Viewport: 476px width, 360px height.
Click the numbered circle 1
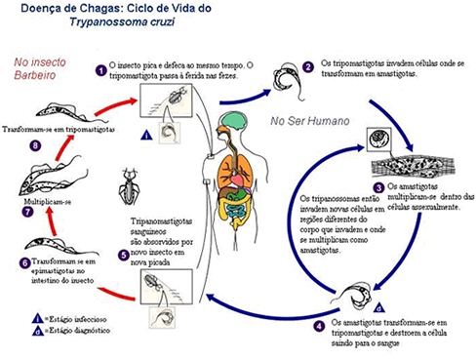(100, 70)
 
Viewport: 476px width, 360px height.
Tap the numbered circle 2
(308, 66)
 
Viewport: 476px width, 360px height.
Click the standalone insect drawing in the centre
(129, 184)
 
